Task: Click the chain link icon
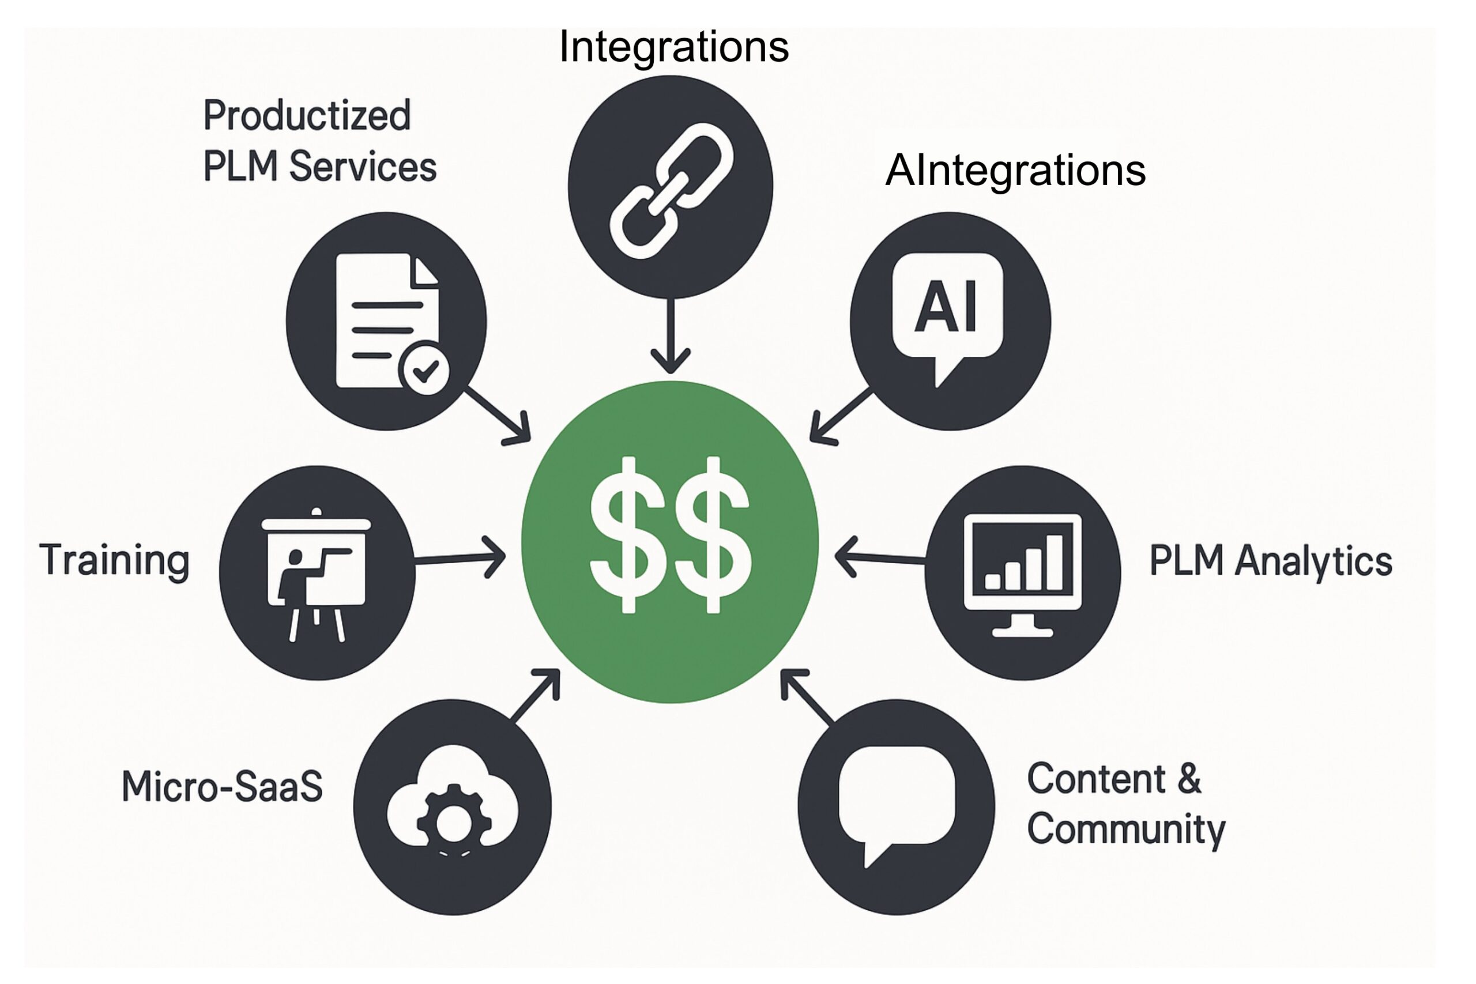pos(671,190)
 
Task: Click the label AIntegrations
pos(1015,170)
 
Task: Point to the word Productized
pos(307,115)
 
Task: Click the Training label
pos(114,560)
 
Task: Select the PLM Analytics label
pos(1270,560)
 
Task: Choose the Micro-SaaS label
pos(222,786)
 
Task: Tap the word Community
pos(1126,829)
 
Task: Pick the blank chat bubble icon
pos(897,801)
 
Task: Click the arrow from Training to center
pos(461,557)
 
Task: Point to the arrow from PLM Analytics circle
pos(879,557)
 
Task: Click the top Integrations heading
pos(673,47)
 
